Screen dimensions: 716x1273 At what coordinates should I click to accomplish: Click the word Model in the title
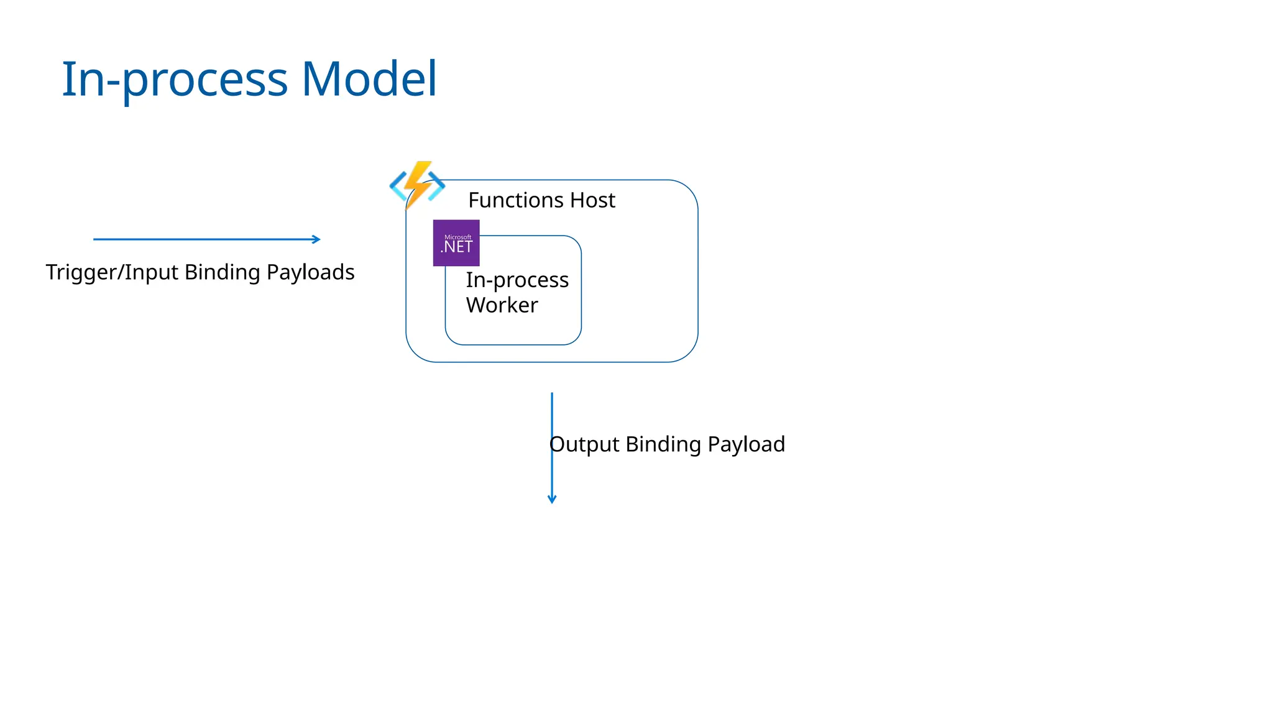369,79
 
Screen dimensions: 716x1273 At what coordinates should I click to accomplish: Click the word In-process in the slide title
175,80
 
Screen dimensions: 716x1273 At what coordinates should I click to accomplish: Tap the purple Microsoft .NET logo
456,243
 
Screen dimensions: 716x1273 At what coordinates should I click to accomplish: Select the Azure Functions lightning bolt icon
418,184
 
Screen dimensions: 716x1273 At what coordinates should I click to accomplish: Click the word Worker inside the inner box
502,305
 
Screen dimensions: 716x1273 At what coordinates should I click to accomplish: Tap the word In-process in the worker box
517,280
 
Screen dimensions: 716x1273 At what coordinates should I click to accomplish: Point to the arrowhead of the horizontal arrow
317,239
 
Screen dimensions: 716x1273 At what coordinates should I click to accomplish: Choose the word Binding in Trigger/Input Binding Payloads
222,272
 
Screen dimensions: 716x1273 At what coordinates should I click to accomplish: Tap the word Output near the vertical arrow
584,444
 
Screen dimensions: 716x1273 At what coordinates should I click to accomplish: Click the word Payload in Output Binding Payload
746,444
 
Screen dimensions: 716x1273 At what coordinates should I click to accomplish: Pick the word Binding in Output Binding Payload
663,444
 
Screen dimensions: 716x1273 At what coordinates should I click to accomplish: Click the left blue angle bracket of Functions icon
397,186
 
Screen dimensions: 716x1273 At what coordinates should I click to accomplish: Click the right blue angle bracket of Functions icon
438,185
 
